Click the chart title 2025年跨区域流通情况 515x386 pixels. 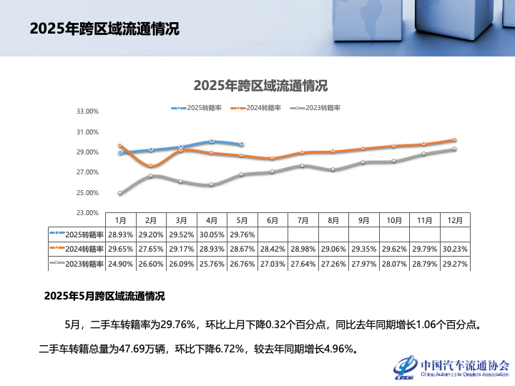pos(260,86)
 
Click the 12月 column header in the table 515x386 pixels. pos(454,220)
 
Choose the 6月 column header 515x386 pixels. pos(272,220)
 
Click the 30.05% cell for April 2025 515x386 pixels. pos(211,234)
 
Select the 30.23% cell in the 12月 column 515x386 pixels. pos(454,249)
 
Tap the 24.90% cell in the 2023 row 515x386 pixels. pos(120,264)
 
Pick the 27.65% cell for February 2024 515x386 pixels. pos(150,249)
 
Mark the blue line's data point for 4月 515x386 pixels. pos(212,141)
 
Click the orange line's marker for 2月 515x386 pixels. pos(150,165)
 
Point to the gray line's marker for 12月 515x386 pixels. pos(454,149)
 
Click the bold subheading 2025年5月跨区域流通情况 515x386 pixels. pos(104,296)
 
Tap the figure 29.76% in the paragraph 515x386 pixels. pos(176,325)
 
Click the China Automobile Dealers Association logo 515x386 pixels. pos(451,367)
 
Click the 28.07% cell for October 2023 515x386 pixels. pos(393,264)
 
